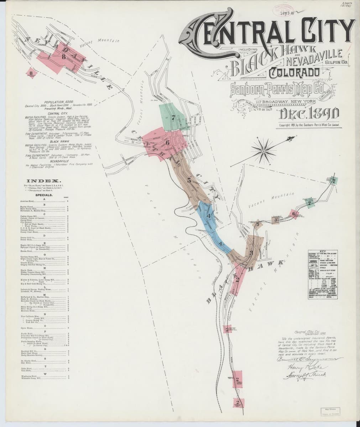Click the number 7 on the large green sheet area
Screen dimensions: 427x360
pyautogui.click(x=173, y=117)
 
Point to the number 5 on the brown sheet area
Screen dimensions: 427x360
pyautogui.click(x=189, y=180)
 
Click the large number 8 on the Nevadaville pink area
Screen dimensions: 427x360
pyautogui.click(x=64, y=56)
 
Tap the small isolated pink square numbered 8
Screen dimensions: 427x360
pyautogui.click(x=32, y=73)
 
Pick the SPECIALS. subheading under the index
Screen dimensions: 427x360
pyautogui.click(x=44, y=195)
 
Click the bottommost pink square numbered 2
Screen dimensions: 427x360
pyautogui.click(x=238, y=402)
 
